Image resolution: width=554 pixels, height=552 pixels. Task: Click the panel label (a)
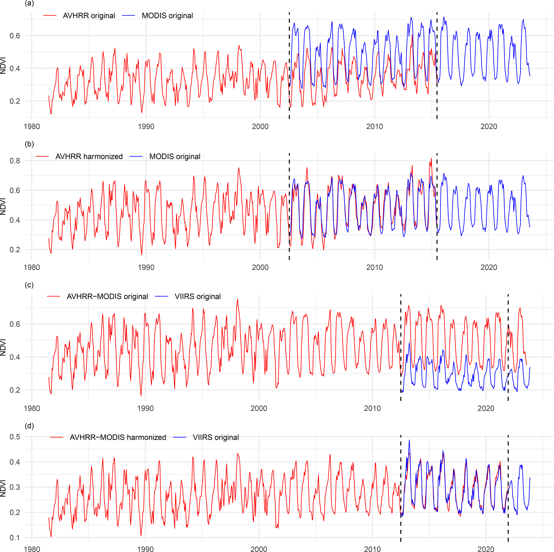click(29, 3)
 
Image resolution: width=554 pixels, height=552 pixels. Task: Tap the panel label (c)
click(29, 285)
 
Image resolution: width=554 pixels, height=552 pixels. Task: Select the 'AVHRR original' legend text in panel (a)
click(89, 16)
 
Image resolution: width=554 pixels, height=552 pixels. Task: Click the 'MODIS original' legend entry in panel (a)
click(167, 16)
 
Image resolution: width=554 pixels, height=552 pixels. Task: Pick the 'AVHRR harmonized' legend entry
click(89, 156)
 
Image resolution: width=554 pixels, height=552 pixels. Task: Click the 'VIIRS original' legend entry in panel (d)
click(216, 437)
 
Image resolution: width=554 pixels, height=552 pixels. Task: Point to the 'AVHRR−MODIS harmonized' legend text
click(118, 437)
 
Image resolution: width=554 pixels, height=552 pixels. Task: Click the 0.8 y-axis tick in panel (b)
click(15, 161)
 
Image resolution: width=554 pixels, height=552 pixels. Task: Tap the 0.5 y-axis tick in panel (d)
click(15, 437)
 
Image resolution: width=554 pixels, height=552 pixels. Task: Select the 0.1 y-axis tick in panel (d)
click(15, 538)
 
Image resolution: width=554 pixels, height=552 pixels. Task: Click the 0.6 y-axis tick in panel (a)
click(15, 36)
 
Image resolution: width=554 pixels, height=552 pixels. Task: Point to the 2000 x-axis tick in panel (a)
click(260, 126)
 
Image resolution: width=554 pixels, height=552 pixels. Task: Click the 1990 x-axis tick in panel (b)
click(146, 267)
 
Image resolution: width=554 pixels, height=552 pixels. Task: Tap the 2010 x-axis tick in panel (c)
click(372, 408)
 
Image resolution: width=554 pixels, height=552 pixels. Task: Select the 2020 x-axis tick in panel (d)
click(486, 549)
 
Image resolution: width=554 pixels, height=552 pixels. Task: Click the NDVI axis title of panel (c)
click(3, 347)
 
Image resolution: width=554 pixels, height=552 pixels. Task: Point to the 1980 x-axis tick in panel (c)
click(32, 408)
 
